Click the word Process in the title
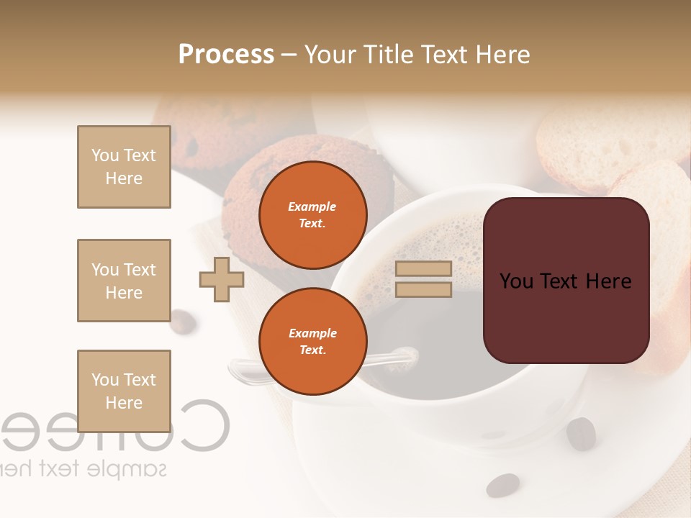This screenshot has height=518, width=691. [x=226, y=55]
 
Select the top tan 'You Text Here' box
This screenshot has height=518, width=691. [x=124, y=167]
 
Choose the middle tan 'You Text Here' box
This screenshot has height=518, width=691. [x=124, y=281]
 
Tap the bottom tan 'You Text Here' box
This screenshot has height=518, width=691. [x=124, y=391]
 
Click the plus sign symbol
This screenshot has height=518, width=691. [x=222, y=279]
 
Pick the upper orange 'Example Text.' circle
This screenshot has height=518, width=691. [x=312, y=214]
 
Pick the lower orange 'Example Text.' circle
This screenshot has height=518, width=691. [x=312, y=341]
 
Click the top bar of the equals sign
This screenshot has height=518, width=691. [x=423, y=268]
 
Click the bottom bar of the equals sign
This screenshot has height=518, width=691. [x=423, y=289]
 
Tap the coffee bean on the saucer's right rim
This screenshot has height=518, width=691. [x=581, y=434]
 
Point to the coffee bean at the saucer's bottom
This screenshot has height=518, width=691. [x=502, y=485]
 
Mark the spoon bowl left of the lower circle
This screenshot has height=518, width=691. [x=243, y=371]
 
